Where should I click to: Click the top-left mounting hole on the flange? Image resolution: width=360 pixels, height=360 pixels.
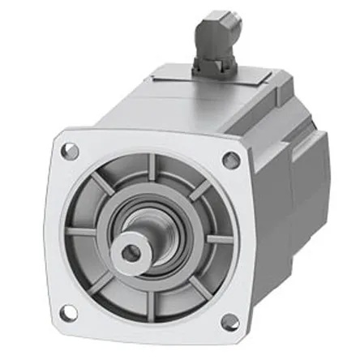pyautogui.click(x=70, y=150)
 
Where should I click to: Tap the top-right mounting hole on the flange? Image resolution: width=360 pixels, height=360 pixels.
pyautogui.click(x=231, y=160)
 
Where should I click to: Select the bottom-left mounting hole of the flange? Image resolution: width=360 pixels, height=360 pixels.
pyautogui.click(x=69, y=310)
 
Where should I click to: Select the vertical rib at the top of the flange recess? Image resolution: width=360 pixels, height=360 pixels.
pyautogui.click(x=148, y=174)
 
